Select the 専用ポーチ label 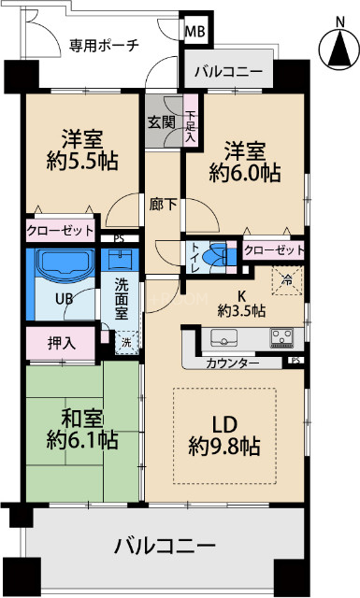(x=104, y=44)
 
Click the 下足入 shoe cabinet (x=191, y=123)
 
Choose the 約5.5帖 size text (x=83, y=161)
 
